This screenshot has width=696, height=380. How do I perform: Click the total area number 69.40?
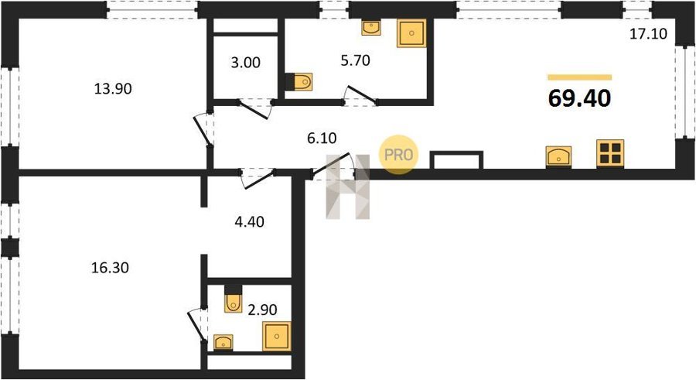[x=580, y=98]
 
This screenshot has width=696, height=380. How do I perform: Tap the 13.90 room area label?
[x=113, y=89]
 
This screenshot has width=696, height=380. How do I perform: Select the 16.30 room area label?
[x=110, y=268]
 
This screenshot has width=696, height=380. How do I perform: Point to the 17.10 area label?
[x=649, y=34]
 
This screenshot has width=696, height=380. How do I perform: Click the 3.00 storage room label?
[x=245, y=63]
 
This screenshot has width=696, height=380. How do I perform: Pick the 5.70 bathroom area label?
[x=356, y=60]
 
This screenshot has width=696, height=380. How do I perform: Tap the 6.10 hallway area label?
[x=322, y=139]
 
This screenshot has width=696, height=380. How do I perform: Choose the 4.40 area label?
[x=250, y=221]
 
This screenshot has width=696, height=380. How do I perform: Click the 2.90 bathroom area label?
[x=262, y=310]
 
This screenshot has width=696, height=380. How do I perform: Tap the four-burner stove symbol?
[x=610, y=153]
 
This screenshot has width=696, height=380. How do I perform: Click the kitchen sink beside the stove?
[x=558, y=156]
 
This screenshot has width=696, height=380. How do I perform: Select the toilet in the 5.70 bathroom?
[x=299, y=82]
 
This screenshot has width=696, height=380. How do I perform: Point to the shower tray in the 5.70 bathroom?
[x=411, y=33]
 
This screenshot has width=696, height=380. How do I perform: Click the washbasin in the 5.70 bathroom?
[x=370, y=28]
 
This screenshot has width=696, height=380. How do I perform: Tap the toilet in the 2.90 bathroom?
[x=233, y=299]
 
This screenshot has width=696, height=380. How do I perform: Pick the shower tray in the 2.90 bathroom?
[x=277, y=337]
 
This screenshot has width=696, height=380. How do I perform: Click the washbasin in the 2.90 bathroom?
[x=223, y=343]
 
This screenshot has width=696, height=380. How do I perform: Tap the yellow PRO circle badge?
[x=398, y=154]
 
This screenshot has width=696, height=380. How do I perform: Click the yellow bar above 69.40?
[x=580, y=77]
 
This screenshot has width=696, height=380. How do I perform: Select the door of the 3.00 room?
[x=254, y=110]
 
